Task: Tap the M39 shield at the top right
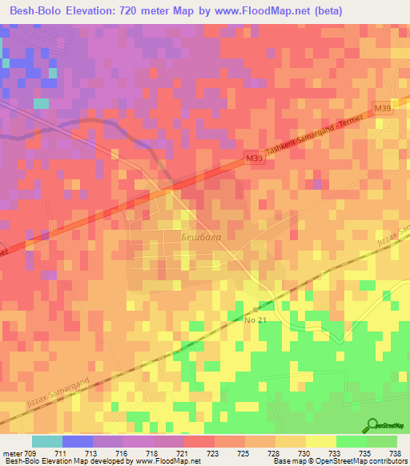(381, 107)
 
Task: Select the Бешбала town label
(197, 238)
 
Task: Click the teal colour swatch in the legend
(47, 441)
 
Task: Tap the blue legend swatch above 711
(78, 441)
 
